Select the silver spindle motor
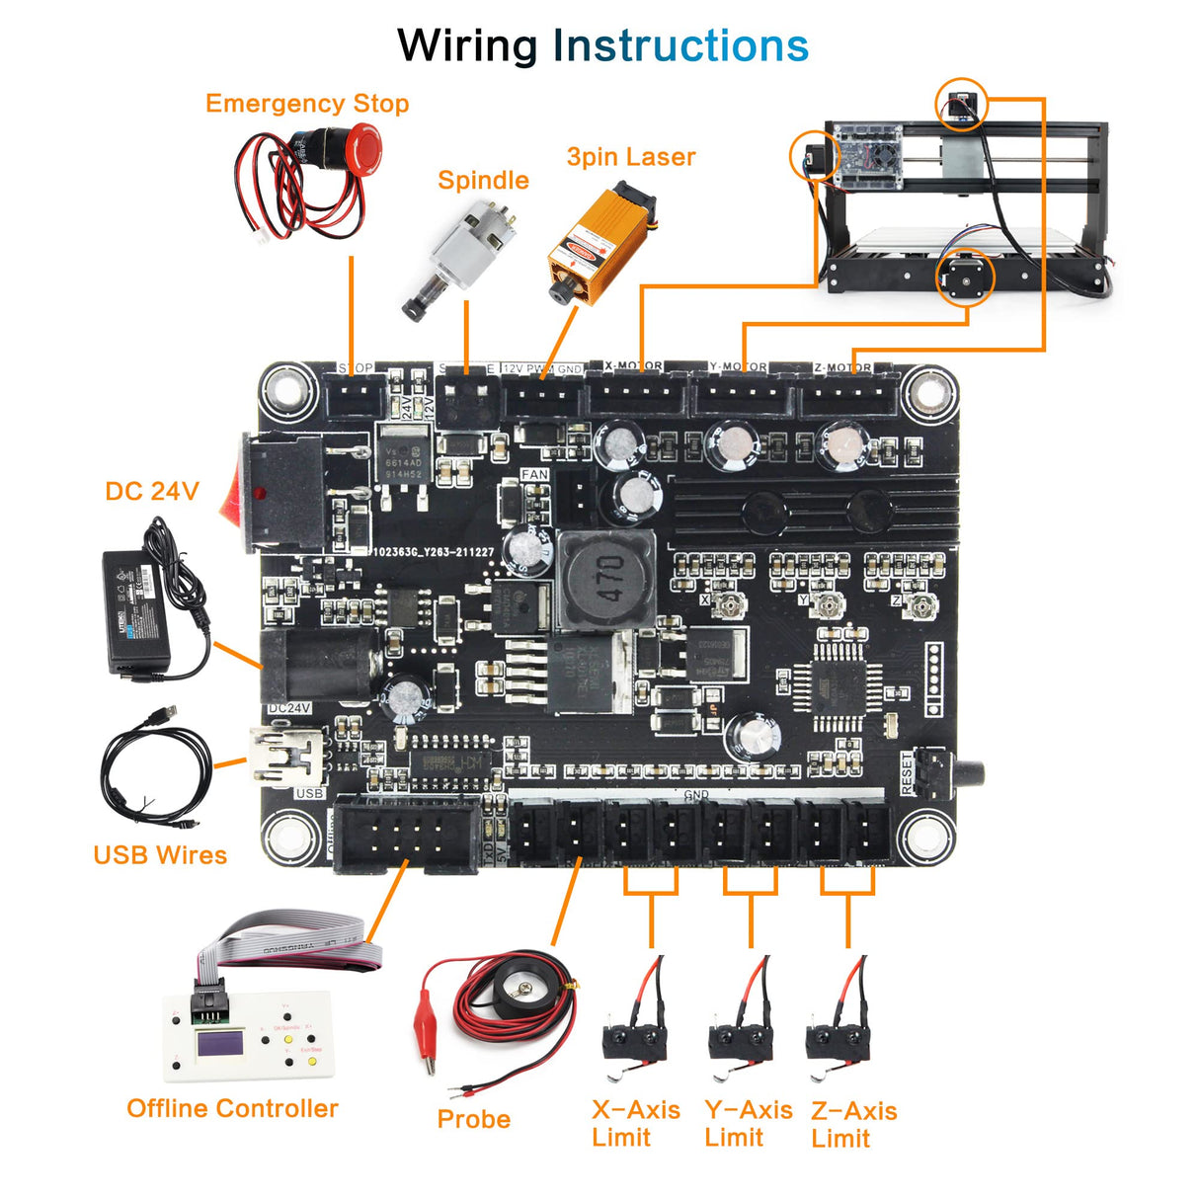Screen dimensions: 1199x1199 (459, 255)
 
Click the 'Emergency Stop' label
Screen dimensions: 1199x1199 (306, 104)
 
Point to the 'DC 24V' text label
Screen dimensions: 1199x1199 (152, 491)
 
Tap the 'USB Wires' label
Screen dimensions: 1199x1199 (160, 855)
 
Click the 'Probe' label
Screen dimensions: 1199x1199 (473, 1119)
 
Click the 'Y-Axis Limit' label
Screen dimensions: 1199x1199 (748, 1123)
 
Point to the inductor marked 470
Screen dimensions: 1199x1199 (604, 579)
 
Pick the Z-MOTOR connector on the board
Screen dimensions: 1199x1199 (847, 398)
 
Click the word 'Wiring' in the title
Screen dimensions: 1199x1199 (467, 46)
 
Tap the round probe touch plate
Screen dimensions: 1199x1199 (520, 988)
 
